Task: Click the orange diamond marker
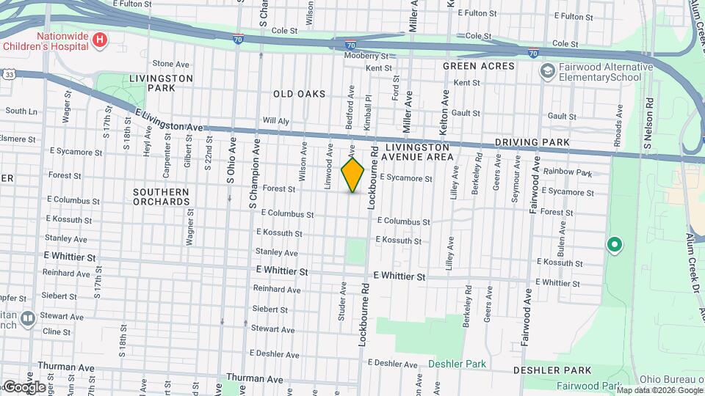pyautogui.click(x=352, y=175)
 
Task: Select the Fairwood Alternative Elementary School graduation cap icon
pyautogui.click(x=546, y=71)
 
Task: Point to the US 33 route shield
pyautogui.click(x=8, y=74)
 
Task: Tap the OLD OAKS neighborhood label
pyautogui.click(x=298, y=94)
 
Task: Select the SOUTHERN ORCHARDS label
pyautogui.click(x=162, y=197)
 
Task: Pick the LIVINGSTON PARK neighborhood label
pyautogui.click(x=161, y=83)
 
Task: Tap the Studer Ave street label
pyautogui.click(x=342, y=301)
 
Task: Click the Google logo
pyautogui.click(x=23, y=386)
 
